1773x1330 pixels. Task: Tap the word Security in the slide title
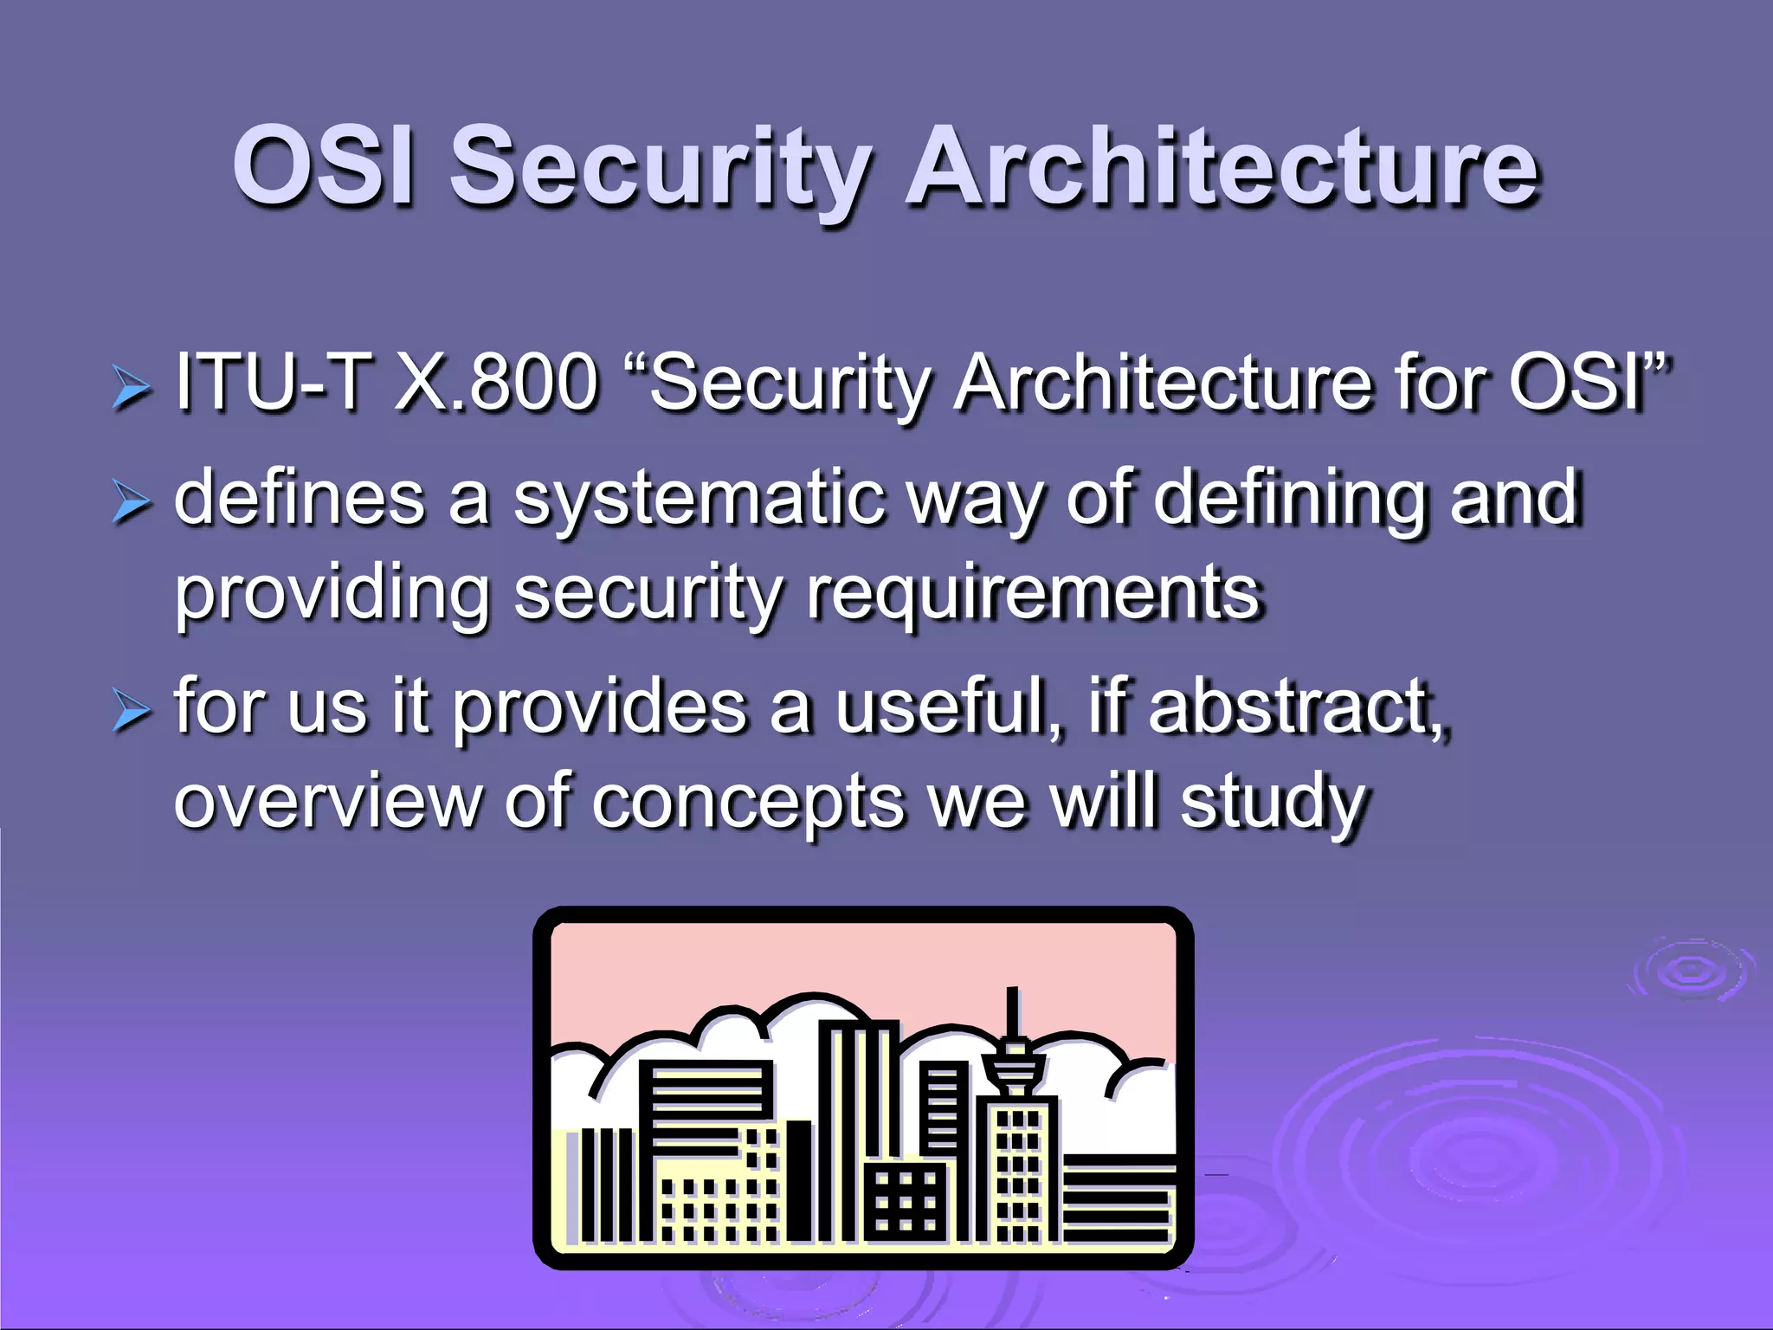pos(661,169)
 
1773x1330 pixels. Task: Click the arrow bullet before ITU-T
pos(132,387)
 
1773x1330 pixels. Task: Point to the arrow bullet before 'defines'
pos(132,503)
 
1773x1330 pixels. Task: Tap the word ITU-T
pos(274,382)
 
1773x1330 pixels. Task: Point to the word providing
pos(332,595)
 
